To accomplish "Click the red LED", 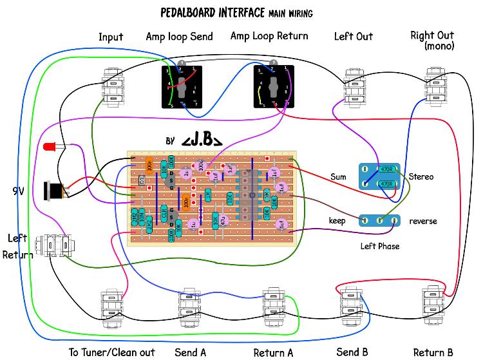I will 48,147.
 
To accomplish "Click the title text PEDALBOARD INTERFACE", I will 213,12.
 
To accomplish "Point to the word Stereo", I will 421,176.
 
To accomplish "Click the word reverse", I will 423,221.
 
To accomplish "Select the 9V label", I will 20,191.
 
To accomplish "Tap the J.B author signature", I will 202,141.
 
